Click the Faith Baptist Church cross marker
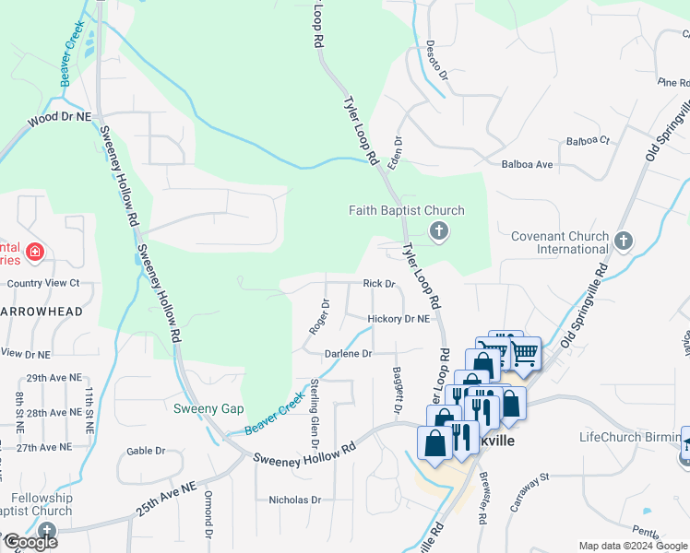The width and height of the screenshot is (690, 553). [x=439, y=230]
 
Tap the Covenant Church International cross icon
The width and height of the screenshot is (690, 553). [x=624, y=241]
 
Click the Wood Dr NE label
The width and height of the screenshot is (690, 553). [x=60, y=119]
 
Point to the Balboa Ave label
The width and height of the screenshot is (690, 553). [x=526, y=164]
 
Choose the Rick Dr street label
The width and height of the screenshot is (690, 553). [x=379, y=284]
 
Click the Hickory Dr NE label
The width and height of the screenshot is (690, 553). [x=399, y=319]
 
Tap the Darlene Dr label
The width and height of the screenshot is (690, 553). [x=348, y=354]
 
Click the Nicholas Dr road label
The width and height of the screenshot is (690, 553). [x=294, y=500]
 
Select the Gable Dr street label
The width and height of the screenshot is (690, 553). [x=146, y=451]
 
